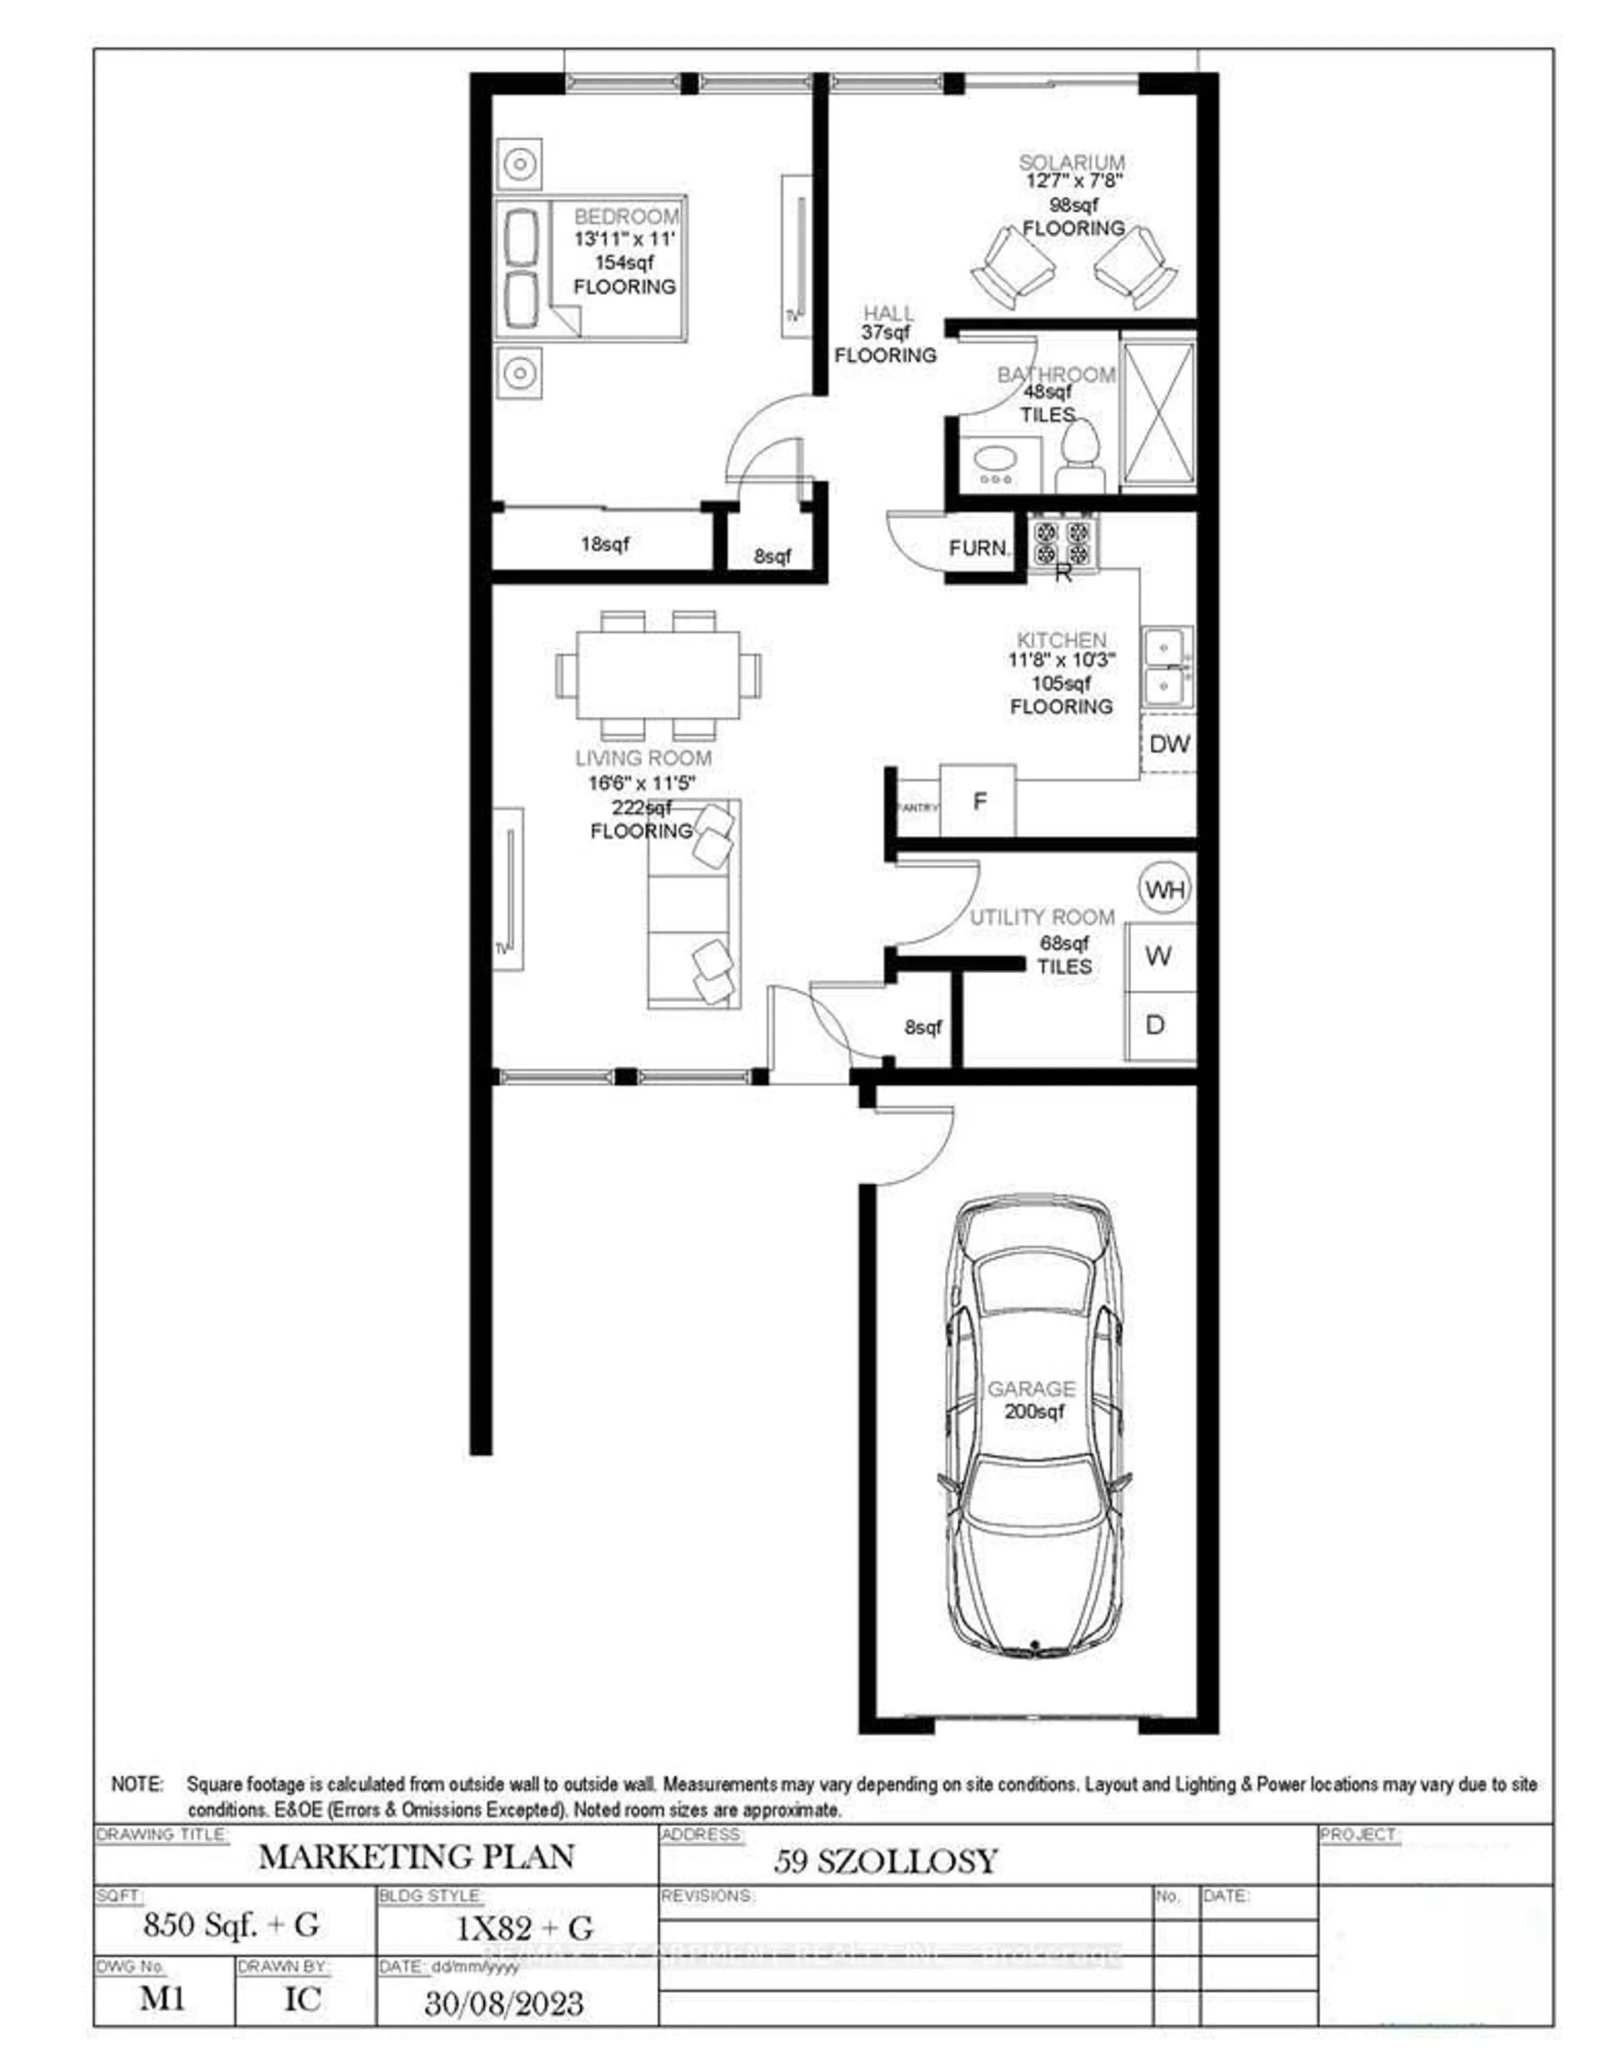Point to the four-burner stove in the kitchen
tap(1062, 542)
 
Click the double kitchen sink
tap(1166, 666)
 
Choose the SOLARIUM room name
tap(1072, 162)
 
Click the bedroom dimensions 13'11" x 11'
tap(623, 239)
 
